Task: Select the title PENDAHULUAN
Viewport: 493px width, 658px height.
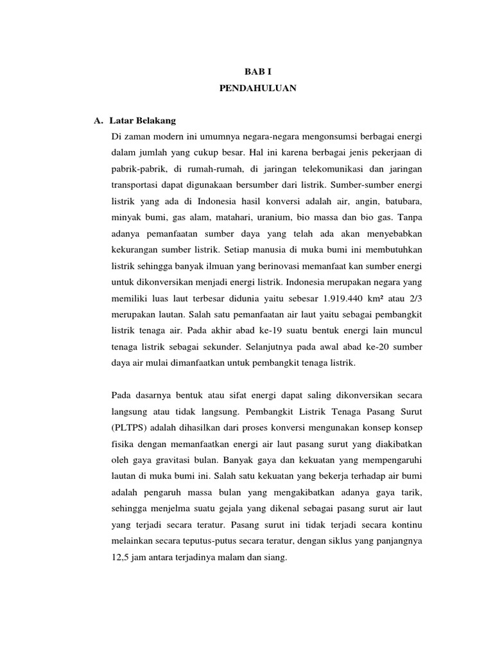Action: pos(246,90)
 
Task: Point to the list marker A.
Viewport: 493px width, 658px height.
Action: pos(99,121)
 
